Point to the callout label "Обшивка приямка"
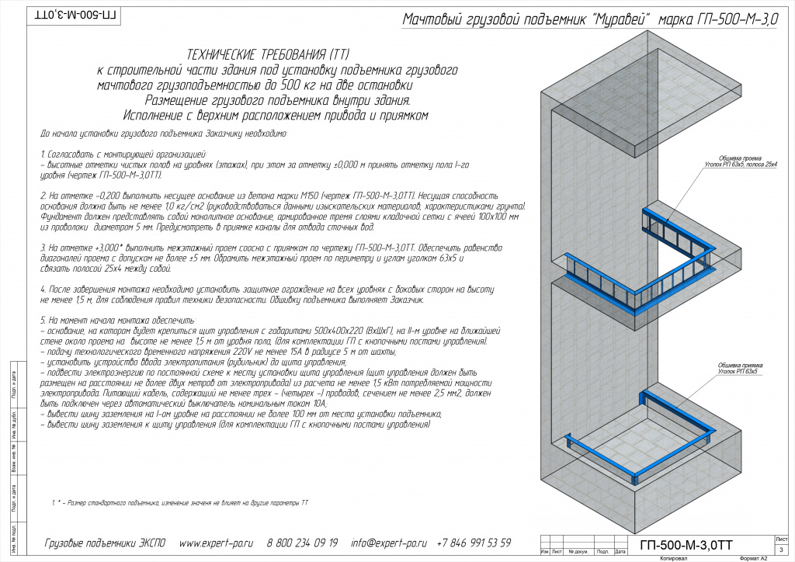pos(738,366)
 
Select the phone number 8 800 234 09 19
pos(303,543)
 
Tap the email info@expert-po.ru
pos(389,543)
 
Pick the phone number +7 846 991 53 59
pos(474,543)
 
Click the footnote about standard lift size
pos(179,503)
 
